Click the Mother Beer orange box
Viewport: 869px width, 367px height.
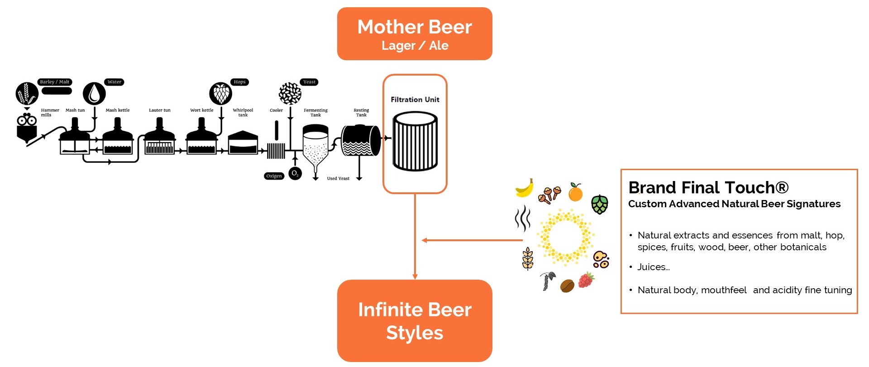[x=415, y=34]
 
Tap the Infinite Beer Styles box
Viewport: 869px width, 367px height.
[x=415, y=321]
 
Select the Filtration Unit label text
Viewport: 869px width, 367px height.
[x=415, y=100]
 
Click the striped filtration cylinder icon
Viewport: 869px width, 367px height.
[x=415, y=142]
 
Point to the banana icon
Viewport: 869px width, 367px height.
[x=525, y=188]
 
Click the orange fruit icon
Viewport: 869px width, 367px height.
[x=575, y=192]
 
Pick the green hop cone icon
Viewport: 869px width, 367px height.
[x=600, y=205]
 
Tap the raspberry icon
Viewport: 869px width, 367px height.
[x=586, y=280]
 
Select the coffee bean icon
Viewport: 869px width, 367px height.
[x=567, y=286]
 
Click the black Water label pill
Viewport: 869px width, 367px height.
[x=115, y=82]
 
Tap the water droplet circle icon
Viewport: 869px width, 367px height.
[x=94, y=94]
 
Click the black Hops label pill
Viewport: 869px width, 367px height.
[x=239, y=82]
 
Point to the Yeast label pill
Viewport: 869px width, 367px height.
[x=310, y=82]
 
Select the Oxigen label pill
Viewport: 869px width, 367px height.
[x=274, y=176]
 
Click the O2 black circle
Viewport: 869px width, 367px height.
[x=295, y=173]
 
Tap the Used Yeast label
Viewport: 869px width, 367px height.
[x=338, y=178]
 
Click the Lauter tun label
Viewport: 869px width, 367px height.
[x=160, y=110]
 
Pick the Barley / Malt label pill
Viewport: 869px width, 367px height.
[x=54, y=82]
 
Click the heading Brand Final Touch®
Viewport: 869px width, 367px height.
[x=708, y=187]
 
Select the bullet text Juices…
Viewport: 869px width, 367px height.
[x=653, y=267]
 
